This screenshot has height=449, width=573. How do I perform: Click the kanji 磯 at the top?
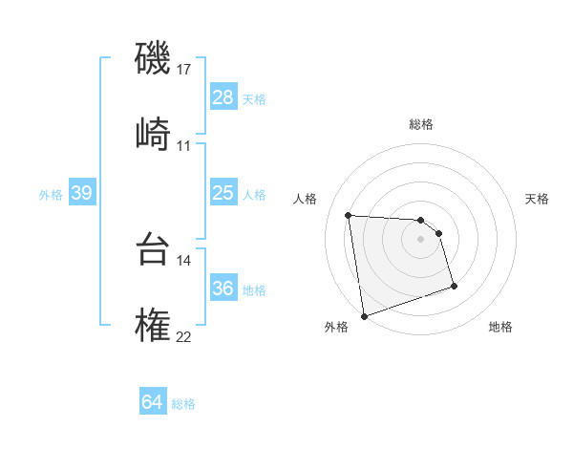point(154,59)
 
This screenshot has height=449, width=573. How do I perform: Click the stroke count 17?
point(184,70)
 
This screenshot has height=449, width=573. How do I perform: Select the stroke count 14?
point(184,260)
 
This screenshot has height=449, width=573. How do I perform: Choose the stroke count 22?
point(184,336)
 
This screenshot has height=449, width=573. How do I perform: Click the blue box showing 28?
point(223,97)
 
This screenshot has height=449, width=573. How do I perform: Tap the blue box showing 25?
point(223,194)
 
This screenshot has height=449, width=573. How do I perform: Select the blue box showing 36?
point(223,289)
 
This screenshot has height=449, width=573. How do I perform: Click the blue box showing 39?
point(81,194)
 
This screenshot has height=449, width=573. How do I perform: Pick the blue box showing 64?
point(153,403)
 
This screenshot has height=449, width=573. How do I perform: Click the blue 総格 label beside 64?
point(183,404)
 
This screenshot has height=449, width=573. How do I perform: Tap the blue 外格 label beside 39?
point(51,195)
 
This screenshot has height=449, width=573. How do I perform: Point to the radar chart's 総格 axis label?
point(421,124)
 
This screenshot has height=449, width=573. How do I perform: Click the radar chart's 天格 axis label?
point(538,199)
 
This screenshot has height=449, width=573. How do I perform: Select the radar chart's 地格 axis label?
point(500,328)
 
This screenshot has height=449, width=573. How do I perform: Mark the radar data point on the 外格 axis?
point(364,315)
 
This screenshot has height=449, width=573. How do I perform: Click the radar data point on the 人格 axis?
point(349,215)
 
